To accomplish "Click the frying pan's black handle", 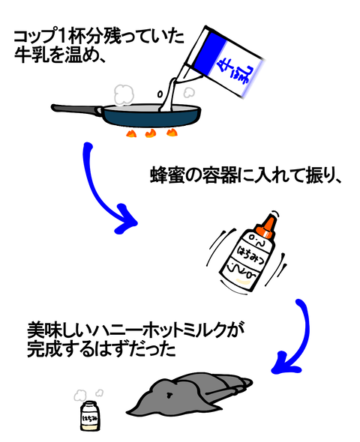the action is [76, 109].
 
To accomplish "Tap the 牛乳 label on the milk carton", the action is [233, 72].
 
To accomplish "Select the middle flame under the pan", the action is [151, 133].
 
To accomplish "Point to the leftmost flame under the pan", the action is [131, 133].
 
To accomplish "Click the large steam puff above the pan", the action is [124, 94].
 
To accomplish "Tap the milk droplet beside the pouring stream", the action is [160, 94].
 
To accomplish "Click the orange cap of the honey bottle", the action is [265, 226].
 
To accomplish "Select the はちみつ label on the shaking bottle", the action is [251, 255].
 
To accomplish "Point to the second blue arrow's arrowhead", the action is [285, 363].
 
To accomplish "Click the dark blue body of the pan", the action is [151, 118].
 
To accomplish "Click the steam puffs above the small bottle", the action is [88, 394].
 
